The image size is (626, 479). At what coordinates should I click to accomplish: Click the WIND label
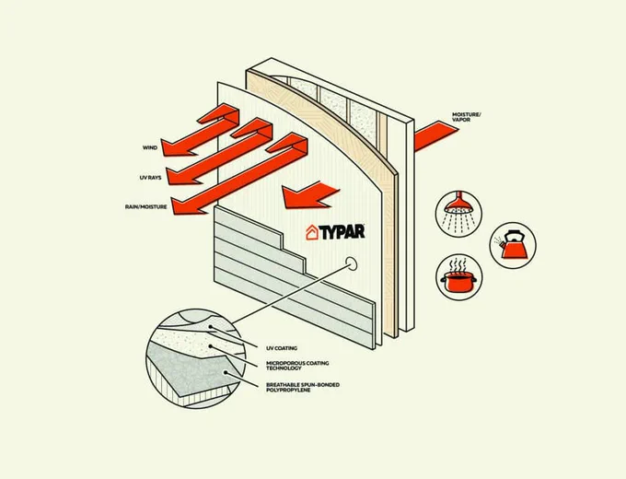click(150, 147)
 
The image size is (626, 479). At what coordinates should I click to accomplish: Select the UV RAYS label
click(150, 178)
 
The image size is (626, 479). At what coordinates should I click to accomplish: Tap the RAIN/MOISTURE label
click(145, 207)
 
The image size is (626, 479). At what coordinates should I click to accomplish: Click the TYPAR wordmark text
click(342, 232)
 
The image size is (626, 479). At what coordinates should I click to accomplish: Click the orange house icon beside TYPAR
click(312, 232)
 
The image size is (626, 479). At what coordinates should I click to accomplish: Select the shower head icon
click(458, 214)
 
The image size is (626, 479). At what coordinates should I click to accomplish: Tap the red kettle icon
click(513, 245)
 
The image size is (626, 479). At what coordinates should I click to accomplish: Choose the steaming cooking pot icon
click(459, 277)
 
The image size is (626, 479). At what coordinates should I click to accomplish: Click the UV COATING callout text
click(282, 348)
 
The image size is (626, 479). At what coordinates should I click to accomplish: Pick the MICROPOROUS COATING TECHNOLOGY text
click(297, 366)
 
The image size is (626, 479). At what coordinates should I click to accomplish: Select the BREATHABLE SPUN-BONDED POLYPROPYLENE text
click(303, 387)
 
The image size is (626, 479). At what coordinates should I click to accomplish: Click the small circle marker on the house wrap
click(352, 263)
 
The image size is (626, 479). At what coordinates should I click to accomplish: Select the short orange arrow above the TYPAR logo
click(309, 195)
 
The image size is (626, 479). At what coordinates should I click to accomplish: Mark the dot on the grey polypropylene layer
click(226, 373)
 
